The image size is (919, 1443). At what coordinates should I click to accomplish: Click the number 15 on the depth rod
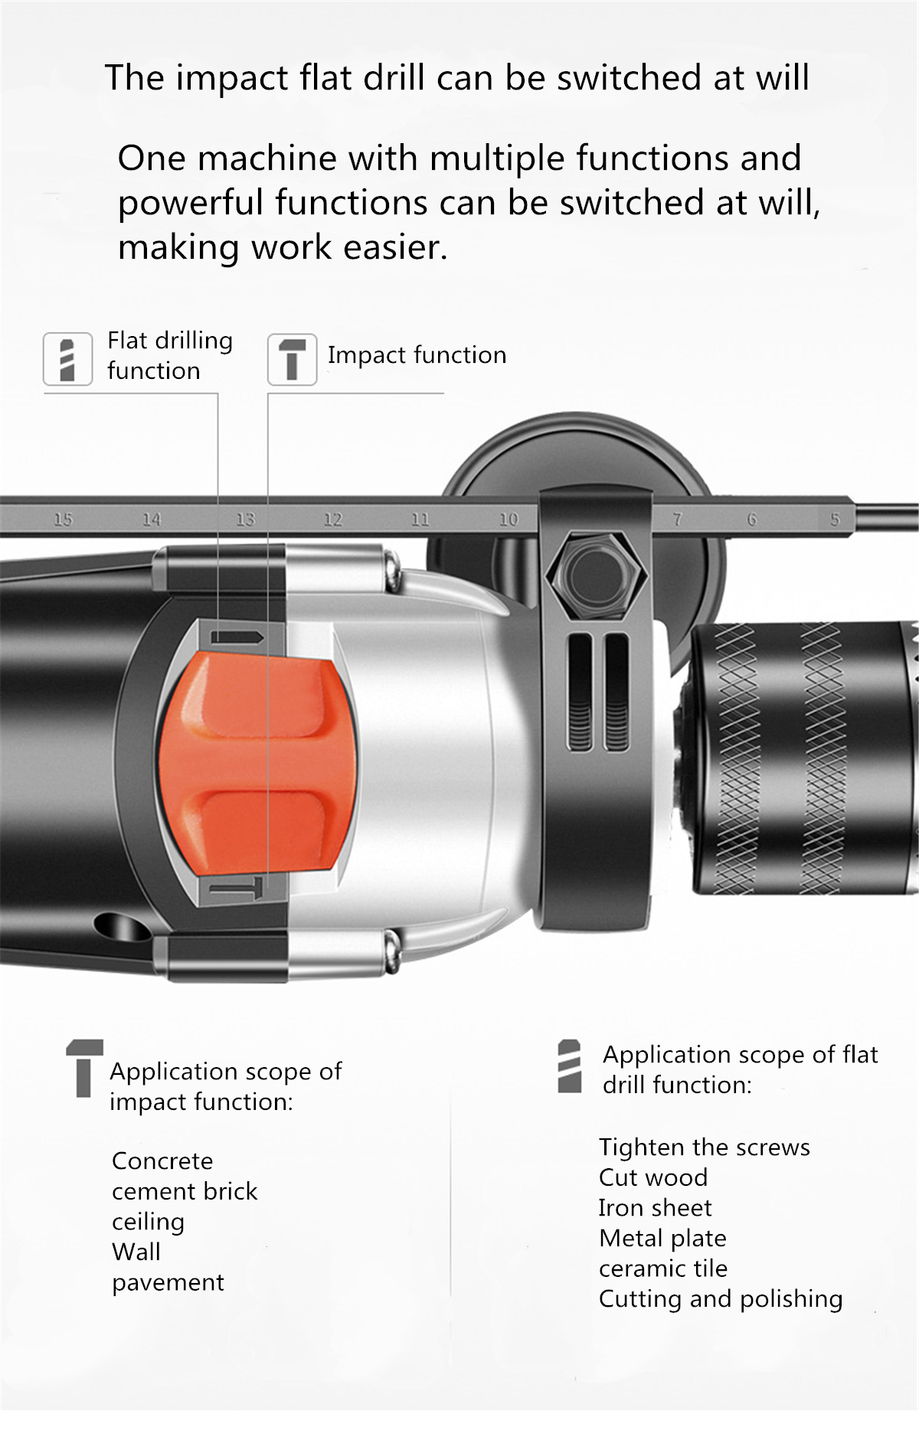pyautogui.click(x=63, y=520)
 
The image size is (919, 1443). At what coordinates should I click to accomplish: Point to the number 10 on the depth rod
pyautogui.click(x=509, y=520)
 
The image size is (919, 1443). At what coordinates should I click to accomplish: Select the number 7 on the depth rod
pyautogui.click(x=677, y=520)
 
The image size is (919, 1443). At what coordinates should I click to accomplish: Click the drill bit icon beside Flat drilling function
pyautogui.click(x=67, y=359)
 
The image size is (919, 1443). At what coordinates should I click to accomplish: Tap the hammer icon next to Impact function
pyautogui.click(x=292, y=359)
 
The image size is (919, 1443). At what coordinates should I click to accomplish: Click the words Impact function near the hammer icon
pyautogui.click(x=417, y=355)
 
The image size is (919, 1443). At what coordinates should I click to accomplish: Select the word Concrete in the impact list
pyautogui.click(x=162, y=1161)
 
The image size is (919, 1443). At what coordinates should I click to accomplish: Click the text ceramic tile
pyautogui.click(x=663, y=1268)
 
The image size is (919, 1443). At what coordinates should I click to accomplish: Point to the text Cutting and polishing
pyautogui.click(x=721, y=1299)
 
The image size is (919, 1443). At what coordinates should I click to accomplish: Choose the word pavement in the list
pyautogui.click(x=168, y=1282)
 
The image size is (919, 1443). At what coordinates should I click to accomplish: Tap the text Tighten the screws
pyautogui.click(x=704, y=1148)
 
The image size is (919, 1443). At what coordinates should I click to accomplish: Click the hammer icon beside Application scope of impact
pyautogui.click(x=84, y=1068)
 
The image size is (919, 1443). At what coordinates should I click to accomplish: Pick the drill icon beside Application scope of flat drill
pyautogui.click(x=570, y=1066)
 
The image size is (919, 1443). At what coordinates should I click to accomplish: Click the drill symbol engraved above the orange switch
pyautogui.click(x=237, y=637)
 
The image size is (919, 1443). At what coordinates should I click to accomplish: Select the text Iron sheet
pyautogui.click(x=655, y=1208)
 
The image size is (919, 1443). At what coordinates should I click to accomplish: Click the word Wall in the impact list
pyautogui.click(x=136, y=1252)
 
